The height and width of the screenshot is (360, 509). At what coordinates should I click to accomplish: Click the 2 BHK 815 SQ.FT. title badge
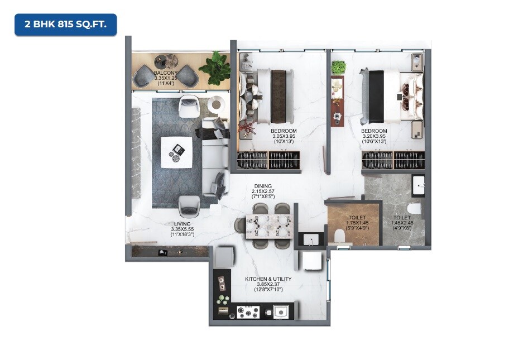(x=65, y=25)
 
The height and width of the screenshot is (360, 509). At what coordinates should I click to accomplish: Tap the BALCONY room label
(x=166, y=73)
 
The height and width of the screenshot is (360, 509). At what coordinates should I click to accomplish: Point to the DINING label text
(x=263, y=186)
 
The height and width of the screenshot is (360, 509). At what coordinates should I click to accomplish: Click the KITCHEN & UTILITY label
(x=268, y=279)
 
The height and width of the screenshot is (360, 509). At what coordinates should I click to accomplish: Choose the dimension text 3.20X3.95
(x=374, y=136)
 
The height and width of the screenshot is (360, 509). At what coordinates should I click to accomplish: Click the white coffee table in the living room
(x=176, y=151)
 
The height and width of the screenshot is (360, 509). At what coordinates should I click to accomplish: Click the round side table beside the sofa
(x=216, y=104)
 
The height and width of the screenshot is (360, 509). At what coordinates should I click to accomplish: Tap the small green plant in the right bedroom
(x=338, y=68)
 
